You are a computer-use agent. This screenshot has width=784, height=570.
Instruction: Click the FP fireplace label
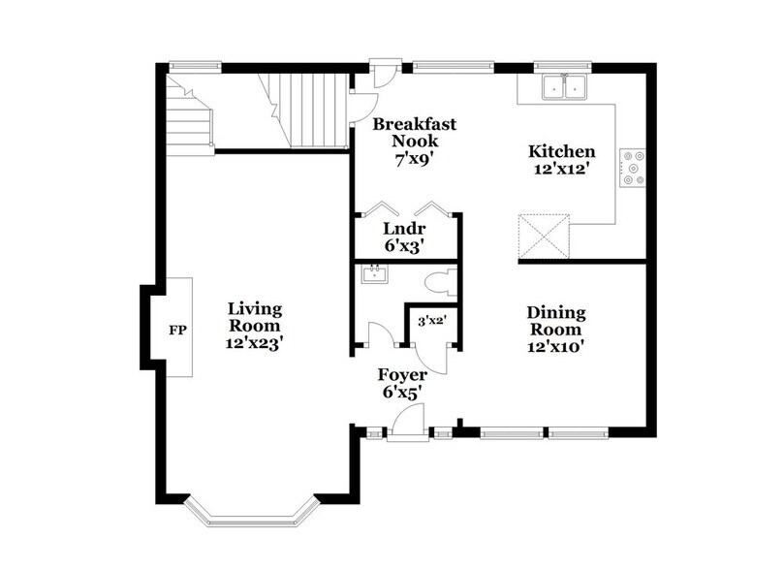tap(177, 330)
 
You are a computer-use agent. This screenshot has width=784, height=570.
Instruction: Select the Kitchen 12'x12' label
tap(561, 160)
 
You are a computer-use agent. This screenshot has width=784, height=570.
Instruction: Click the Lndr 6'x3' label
tap(404, 237)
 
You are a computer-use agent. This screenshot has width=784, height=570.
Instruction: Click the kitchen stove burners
tap(635, 166)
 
